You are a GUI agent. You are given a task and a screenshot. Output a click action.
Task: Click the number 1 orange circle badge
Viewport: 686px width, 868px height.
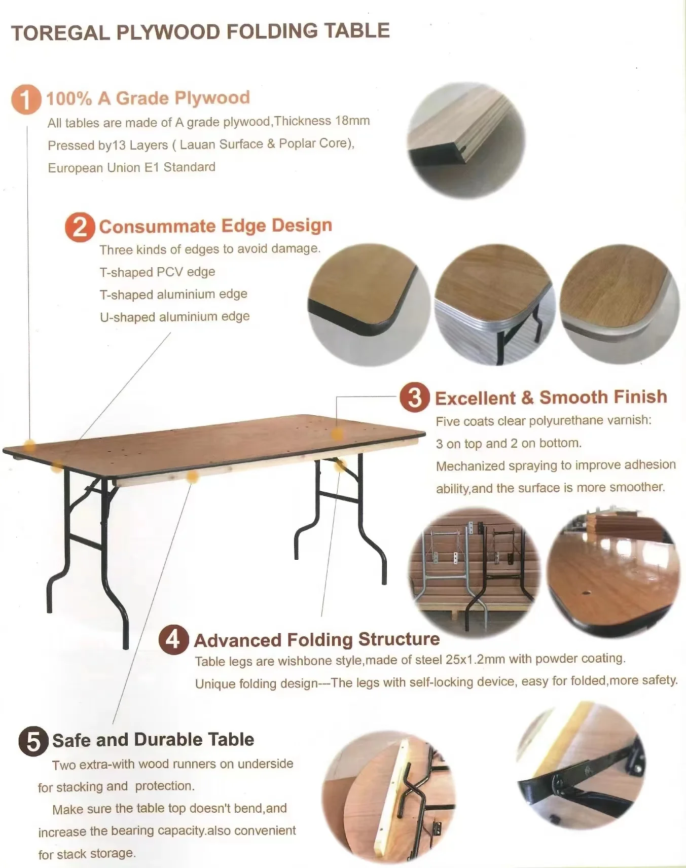pyautogui.click(x=26, y=99)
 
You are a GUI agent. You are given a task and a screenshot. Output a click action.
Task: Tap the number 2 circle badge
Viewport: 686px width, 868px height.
pyautogui.click(x=80, y=228)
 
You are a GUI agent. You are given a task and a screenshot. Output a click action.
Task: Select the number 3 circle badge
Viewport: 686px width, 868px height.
pyautogui.click(x=414, y=397)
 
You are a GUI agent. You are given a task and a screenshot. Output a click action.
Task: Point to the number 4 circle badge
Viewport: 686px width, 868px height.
pyautogui.click(x=173, y=640)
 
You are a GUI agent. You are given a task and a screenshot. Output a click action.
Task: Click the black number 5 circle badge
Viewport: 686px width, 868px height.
pyautogui.click(x=33, y=742)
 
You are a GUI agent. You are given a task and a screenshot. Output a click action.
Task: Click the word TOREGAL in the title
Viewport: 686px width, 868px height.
pyautogui.click(x=60, y=33)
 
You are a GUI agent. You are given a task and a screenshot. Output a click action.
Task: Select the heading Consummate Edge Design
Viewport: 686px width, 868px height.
pyautogui.click(x=215, y=226)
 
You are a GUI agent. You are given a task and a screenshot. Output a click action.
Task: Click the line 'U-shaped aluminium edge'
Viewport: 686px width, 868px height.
pyautogui.click(x=174, y=317)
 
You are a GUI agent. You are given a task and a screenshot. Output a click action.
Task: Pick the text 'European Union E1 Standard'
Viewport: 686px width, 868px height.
pyautogui.click(x=131, y=167)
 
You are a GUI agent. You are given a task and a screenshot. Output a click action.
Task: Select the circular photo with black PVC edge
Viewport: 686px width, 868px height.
pyautogui.click(x=369, y=304)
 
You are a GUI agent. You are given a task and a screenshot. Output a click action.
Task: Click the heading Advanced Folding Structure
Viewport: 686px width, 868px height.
pyautogui.click(x=316, y=640)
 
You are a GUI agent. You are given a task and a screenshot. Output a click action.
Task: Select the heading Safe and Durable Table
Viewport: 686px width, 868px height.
pyautogui.click(x=153, y=740)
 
